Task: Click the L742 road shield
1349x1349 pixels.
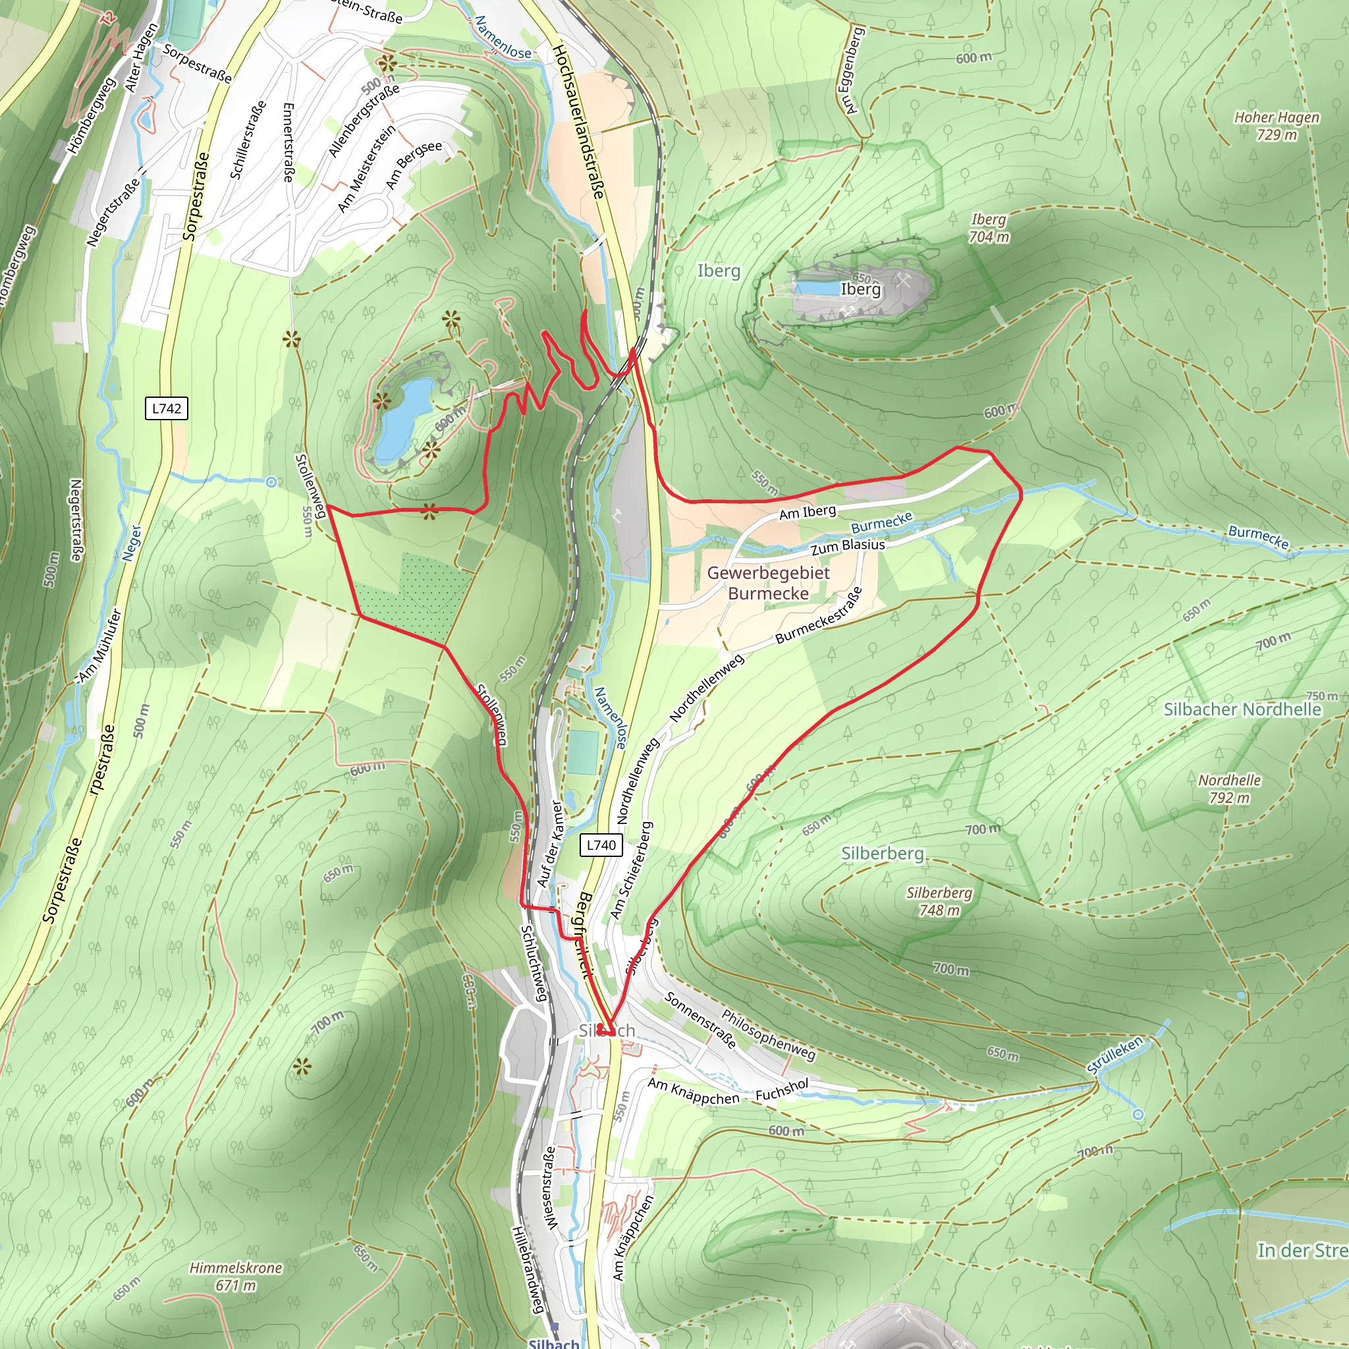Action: point(166,408)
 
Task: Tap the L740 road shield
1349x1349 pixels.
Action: point(601,846)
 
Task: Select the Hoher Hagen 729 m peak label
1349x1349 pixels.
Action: point(1277,126)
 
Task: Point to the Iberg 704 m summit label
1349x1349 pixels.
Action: point(988,229)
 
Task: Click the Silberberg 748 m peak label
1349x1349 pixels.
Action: point(939,902)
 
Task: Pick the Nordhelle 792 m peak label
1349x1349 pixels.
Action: point(1230,789)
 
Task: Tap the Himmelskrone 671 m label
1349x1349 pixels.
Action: point(236,1277)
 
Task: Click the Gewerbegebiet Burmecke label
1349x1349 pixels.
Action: point(768,583)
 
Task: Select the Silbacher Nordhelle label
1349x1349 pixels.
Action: point(1242,709)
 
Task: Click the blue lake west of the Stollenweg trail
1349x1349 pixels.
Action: point(403,421)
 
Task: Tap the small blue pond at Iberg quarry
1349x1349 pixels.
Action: point(817,288)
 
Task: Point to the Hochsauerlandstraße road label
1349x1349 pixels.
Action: point(578,123)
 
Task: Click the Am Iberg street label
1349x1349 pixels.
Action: point(807,512)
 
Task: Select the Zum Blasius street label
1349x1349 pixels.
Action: point(848,546)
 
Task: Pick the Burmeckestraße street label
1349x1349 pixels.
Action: point(819,616)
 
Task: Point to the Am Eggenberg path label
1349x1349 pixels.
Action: point(853,70)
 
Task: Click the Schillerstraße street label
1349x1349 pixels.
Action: point(248,140)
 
